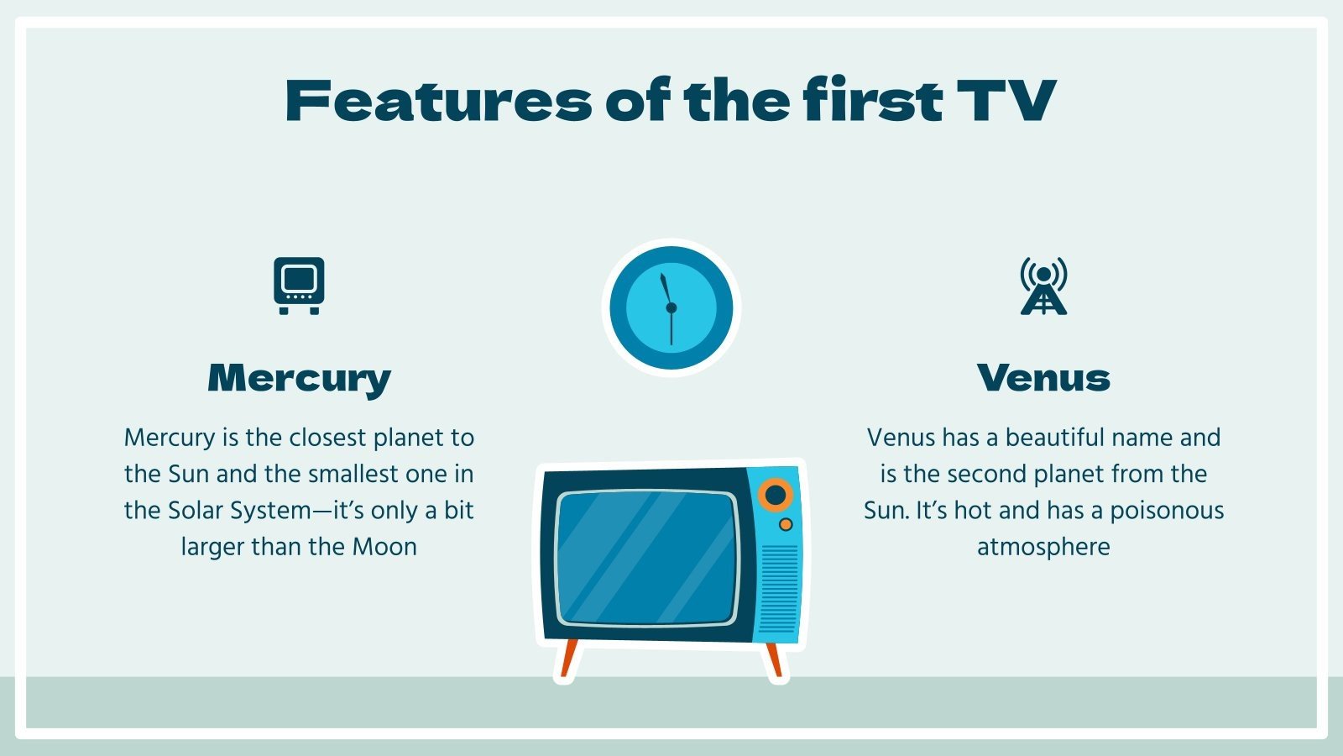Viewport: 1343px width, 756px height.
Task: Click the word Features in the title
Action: pyautogui.click(x=437, y=101)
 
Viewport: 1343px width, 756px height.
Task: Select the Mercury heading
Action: pyautogui.click(x=299, y=378)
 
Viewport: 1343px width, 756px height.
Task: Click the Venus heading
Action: pyautogui.click(x=1043, y=378)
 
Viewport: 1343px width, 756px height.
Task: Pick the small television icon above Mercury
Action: pyautogui.click(x=299, y=286)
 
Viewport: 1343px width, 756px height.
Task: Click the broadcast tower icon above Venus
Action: pyautogui.click(x=1043, y=286)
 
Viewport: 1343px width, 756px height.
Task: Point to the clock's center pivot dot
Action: pyautogui.click(x=671, y=308)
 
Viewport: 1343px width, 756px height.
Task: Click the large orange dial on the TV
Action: pyautogui.click(x=776, y=495)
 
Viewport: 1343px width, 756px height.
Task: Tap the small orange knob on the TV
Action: pyautogui.click(x=786, y=525)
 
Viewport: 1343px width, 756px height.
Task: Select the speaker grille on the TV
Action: pyautogui.click(x=779, y=588)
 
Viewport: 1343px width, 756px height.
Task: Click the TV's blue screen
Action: pyautogui.click(x=646, y=559)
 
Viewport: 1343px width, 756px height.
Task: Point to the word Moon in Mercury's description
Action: pyautogui.click(x=384, y=547)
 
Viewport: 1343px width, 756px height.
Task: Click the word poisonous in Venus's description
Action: pyautogui.click(x=1167, y=511)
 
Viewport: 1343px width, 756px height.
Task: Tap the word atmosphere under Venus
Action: pyautogui.click(x=1043, y=547)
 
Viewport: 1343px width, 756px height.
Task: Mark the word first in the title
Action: pyautogui.click(x=872, y=101)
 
